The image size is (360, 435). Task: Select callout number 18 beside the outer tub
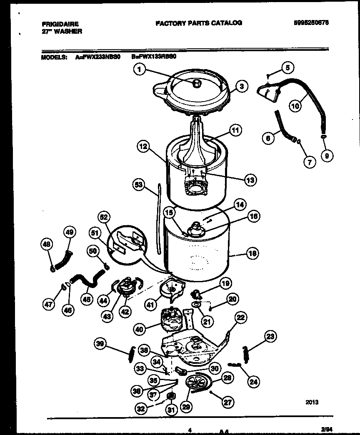[x=253, y=254]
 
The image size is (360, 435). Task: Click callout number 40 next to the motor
[x=140, y=328]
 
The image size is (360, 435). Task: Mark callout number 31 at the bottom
[x=170, y=410]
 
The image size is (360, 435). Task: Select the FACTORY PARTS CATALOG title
[x=198, y=23]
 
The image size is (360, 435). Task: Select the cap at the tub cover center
[x=197, y=83]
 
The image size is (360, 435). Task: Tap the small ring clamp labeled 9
[x=324, y=136]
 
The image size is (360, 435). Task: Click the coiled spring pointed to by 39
[x=130, y=354]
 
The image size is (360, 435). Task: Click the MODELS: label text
[x=54, y=59]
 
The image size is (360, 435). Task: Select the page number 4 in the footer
[x=190, y=430]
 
